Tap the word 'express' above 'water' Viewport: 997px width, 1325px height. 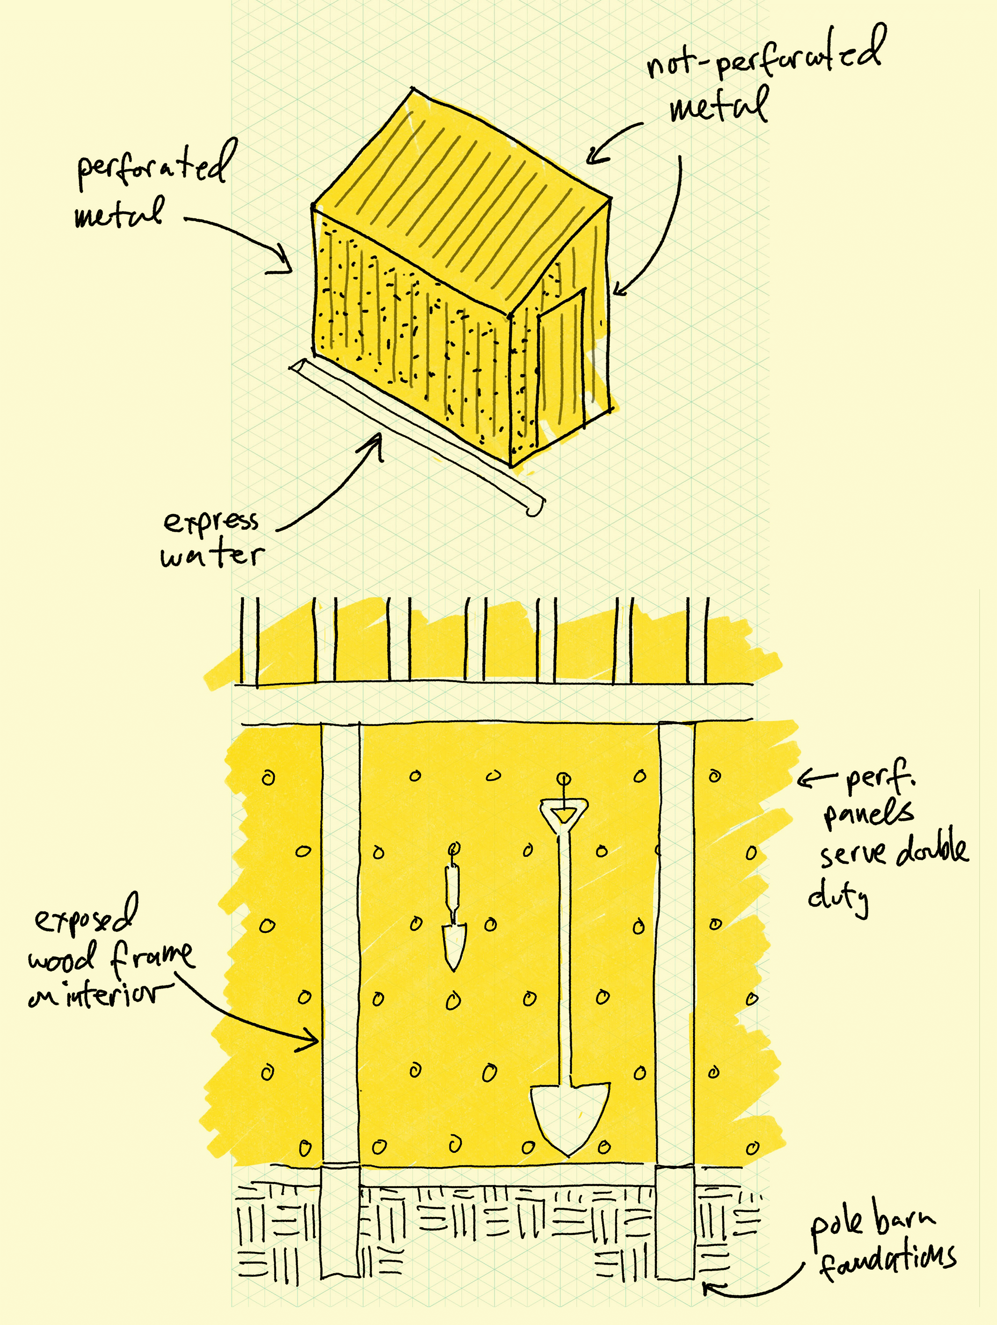211,521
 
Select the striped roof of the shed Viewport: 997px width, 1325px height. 461,197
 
